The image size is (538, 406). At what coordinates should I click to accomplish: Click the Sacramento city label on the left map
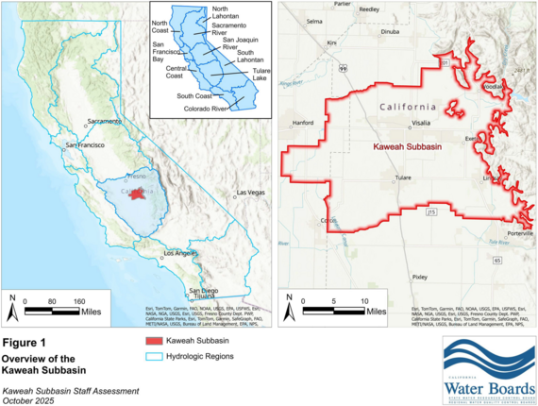tap(105, 123)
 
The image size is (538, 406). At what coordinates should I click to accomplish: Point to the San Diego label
tap(208, 290)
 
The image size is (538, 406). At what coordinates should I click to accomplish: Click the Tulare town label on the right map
tap(404, 177)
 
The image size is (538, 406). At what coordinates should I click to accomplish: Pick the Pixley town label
tap(419, 277)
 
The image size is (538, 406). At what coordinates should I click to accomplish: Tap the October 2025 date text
tap(27, 400)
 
